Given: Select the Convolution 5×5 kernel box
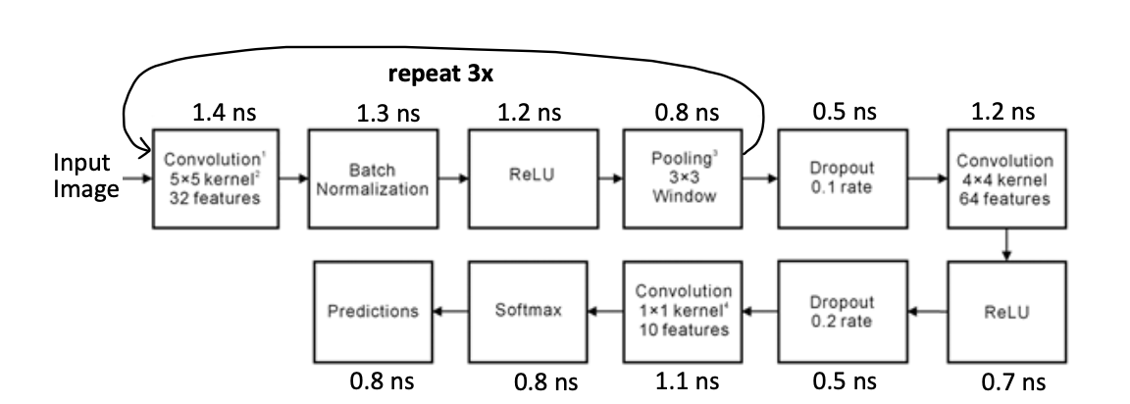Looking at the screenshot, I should pos(208,179).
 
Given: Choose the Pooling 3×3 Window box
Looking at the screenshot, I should pos(683,179).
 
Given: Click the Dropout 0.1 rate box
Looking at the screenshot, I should pos(839,179).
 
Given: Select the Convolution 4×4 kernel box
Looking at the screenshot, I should pos(1005,179).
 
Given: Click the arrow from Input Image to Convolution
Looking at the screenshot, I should pos(138,179).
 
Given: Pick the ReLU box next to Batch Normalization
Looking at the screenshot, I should pos(528,179).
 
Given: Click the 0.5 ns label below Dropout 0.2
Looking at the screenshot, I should pos(844,380).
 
